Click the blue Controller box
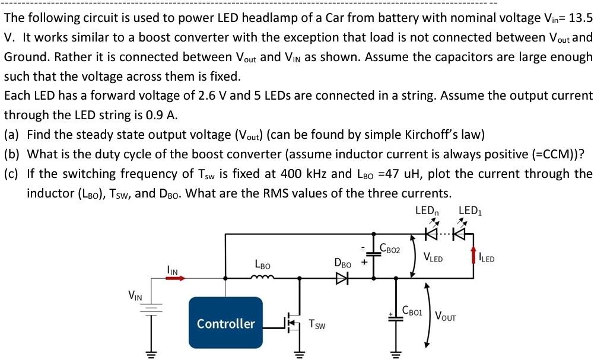pos(225,323)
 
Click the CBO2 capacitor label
pos(390,250)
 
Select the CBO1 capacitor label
pos(411,310)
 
